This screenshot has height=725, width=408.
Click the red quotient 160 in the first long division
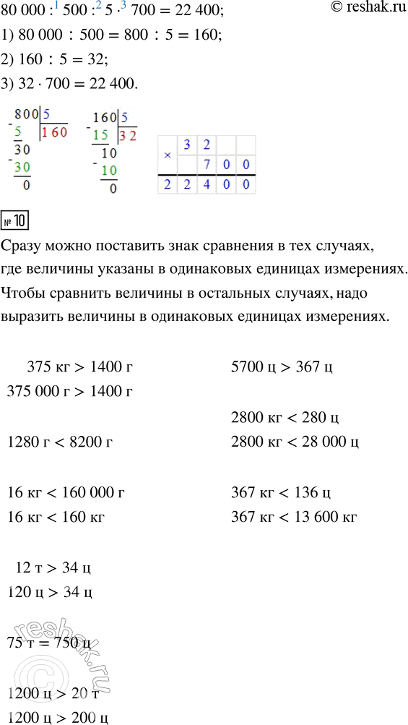pyautogui.click(x=54, y=132)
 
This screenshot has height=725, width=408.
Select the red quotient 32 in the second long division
pyautogui.click(x=128, y=135)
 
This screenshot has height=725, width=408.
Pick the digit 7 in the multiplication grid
pyautogui.click(x=207, y=165)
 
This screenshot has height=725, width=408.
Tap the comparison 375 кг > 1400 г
pyautogui.click(x=80, y=367)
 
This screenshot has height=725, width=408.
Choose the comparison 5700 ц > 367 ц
pyautogui.click(x=282, y=367)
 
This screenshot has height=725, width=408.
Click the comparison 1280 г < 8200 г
pyautogui.click(x=60, y=442)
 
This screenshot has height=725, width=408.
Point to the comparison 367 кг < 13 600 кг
pyautogui.click(x=294, y=517)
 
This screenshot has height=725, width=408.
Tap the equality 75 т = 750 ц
pyautogui.click(x=49, y=644)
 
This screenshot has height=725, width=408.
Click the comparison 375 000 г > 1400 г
pyautogui.click(x=69, y=392)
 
